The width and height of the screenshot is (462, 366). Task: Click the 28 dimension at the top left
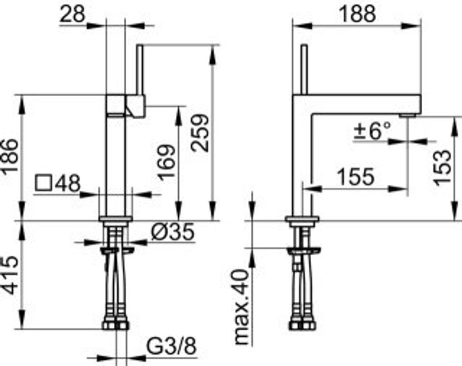pos(72,14)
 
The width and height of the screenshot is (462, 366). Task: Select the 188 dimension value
pos(357,14)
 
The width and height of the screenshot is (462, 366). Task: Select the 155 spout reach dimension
pos(356,177)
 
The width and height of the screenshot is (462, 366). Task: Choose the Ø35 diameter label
pos(173,231)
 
